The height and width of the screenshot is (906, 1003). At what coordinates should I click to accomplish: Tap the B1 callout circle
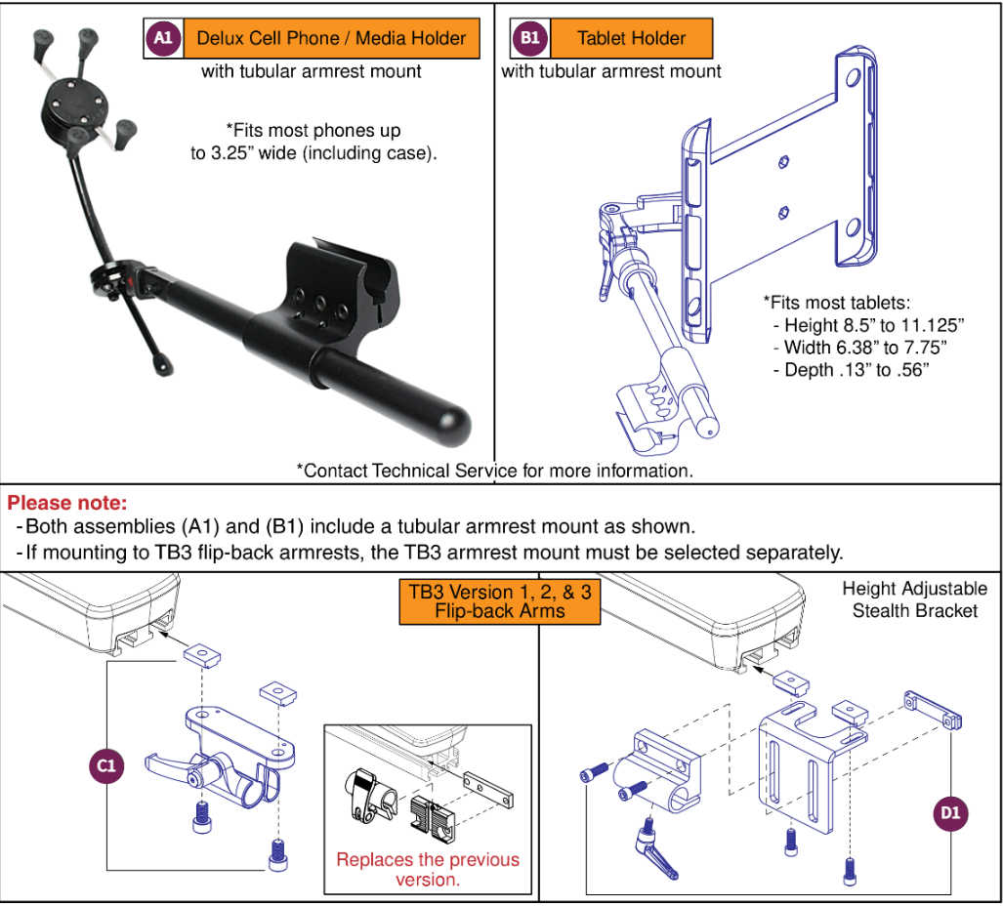pos(530,38)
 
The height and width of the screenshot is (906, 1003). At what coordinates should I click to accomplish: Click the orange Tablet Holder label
pos(631,38)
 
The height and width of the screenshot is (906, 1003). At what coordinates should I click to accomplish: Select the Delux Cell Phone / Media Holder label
pos(331,38)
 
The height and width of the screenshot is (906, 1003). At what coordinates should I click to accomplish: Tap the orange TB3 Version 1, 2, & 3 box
pos(498,602)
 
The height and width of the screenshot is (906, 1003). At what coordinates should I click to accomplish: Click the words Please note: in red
pos(67,504)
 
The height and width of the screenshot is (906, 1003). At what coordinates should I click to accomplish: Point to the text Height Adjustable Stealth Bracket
pos(913,599)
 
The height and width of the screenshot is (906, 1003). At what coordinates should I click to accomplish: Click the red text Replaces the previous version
pos(428,869)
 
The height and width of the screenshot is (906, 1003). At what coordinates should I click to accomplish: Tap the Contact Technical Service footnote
pos(494,471)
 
